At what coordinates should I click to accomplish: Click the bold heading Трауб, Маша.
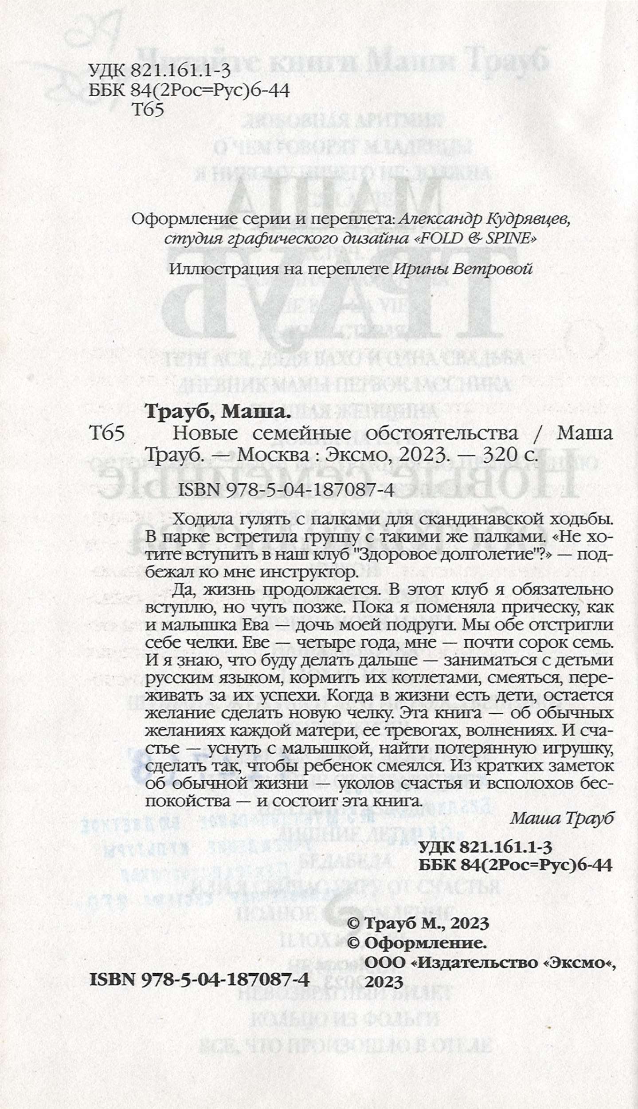[217, 413]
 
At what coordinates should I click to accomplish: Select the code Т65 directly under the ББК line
[148, 110]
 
